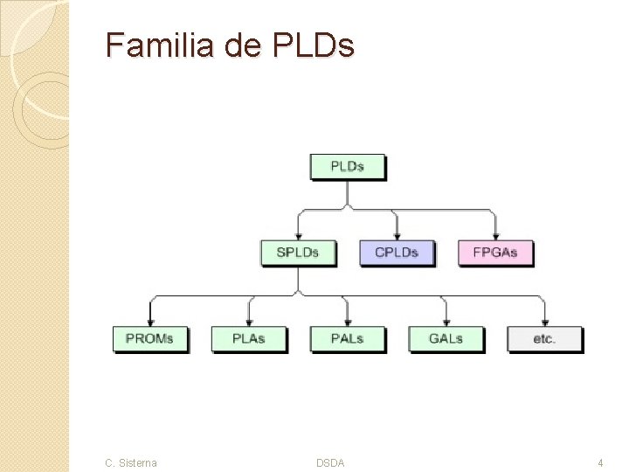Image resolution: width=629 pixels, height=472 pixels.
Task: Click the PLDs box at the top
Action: coord(347,166)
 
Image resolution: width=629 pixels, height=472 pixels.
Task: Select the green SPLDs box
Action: coord(298,253)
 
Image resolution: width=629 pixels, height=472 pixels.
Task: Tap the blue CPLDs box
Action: coord(397,253)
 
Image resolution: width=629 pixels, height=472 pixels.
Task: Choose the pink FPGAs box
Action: coord(495,253)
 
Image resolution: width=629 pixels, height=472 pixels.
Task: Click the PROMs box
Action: coord(149,338)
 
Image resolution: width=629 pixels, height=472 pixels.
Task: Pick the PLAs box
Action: coord(249,338)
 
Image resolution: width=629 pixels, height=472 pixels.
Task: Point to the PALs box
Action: coord(347,338)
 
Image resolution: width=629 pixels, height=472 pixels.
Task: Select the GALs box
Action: coord(446,338)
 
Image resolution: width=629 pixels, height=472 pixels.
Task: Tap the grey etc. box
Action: coord(544,338)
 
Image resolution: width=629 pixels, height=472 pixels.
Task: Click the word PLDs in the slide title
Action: coord(314,45)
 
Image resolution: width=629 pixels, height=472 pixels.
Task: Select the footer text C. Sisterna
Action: coord(131,462)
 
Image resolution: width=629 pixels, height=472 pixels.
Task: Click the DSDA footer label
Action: coord(330,462)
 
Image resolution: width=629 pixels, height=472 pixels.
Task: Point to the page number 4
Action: coord(600,462)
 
